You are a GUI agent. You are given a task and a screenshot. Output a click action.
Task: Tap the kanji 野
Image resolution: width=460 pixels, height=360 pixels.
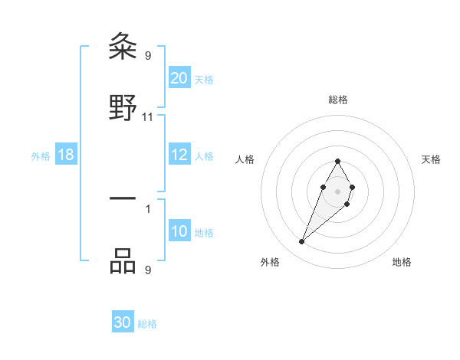coord(123,109)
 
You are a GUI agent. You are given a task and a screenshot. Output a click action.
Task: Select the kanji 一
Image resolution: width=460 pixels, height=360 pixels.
coord(123,199)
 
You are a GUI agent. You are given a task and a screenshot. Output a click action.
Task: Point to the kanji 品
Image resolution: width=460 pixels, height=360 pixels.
coord(123,260)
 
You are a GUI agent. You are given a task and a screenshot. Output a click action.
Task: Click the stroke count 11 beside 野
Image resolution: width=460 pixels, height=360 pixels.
coord(148,117)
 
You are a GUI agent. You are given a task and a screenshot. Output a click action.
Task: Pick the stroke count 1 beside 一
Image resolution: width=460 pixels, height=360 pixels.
coord(147,208)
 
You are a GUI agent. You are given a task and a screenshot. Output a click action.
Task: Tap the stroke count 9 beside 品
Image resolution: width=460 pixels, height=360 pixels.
coord(147,269)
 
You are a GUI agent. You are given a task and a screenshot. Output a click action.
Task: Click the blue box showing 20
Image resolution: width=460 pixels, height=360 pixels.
coord(179,78)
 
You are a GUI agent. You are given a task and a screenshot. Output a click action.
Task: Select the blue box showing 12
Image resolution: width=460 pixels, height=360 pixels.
coord(179,155)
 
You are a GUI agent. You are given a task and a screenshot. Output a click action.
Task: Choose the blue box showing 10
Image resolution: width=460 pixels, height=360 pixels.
coord(179,231)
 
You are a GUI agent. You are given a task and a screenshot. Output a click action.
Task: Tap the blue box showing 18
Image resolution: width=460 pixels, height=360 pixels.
coord(66,155)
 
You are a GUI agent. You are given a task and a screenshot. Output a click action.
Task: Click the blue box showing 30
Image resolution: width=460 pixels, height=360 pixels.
coord(123,322)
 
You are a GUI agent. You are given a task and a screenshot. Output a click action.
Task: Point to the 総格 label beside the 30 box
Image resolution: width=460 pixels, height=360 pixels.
coord(147,324)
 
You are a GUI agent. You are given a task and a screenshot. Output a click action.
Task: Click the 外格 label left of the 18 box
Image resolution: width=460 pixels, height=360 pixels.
coord(41,156)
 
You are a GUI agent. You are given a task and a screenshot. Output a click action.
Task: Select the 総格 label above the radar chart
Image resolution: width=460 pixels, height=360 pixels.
coord(337,100)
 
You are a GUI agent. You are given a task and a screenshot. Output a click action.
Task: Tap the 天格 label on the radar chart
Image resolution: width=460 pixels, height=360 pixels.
coord(431,159)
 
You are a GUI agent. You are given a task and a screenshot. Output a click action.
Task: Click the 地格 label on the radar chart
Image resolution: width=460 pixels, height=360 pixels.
coord(402,262)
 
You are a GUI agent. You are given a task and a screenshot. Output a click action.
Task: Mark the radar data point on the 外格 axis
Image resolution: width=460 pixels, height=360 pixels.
coord(301,241)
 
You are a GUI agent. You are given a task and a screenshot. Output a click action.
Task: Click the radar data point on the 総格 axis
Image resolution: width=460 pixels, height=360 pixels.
coord(337,162)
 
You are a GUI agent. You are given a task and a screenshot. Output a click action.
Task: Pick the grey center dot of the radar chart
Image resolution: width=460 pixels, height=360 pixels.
coord(337,191)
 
